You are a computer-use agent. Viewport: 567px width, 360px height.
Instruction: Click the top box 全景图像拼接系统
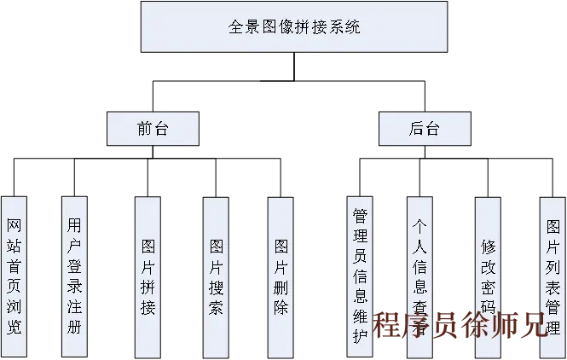[294, 27]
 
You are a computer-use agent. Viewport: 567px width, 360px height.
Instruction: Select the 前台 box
[153, 129]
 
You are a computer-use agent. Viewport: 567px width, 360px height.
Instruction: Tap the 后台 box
[424, 129]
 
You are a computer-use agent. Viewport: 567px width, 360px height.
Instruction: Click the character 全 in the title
[236, 27]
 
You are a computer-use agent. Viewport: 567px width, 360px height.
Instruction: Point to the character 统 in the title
[353, 27]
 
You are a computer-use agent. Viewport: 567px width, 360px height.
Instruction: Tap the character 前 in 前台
[144, 129]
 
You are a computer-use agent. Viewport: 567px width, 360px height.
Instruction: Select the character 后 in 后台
[416, 129]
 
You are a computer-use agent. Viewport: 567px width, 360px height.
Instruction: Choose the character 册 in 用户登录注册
[75, 327]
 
